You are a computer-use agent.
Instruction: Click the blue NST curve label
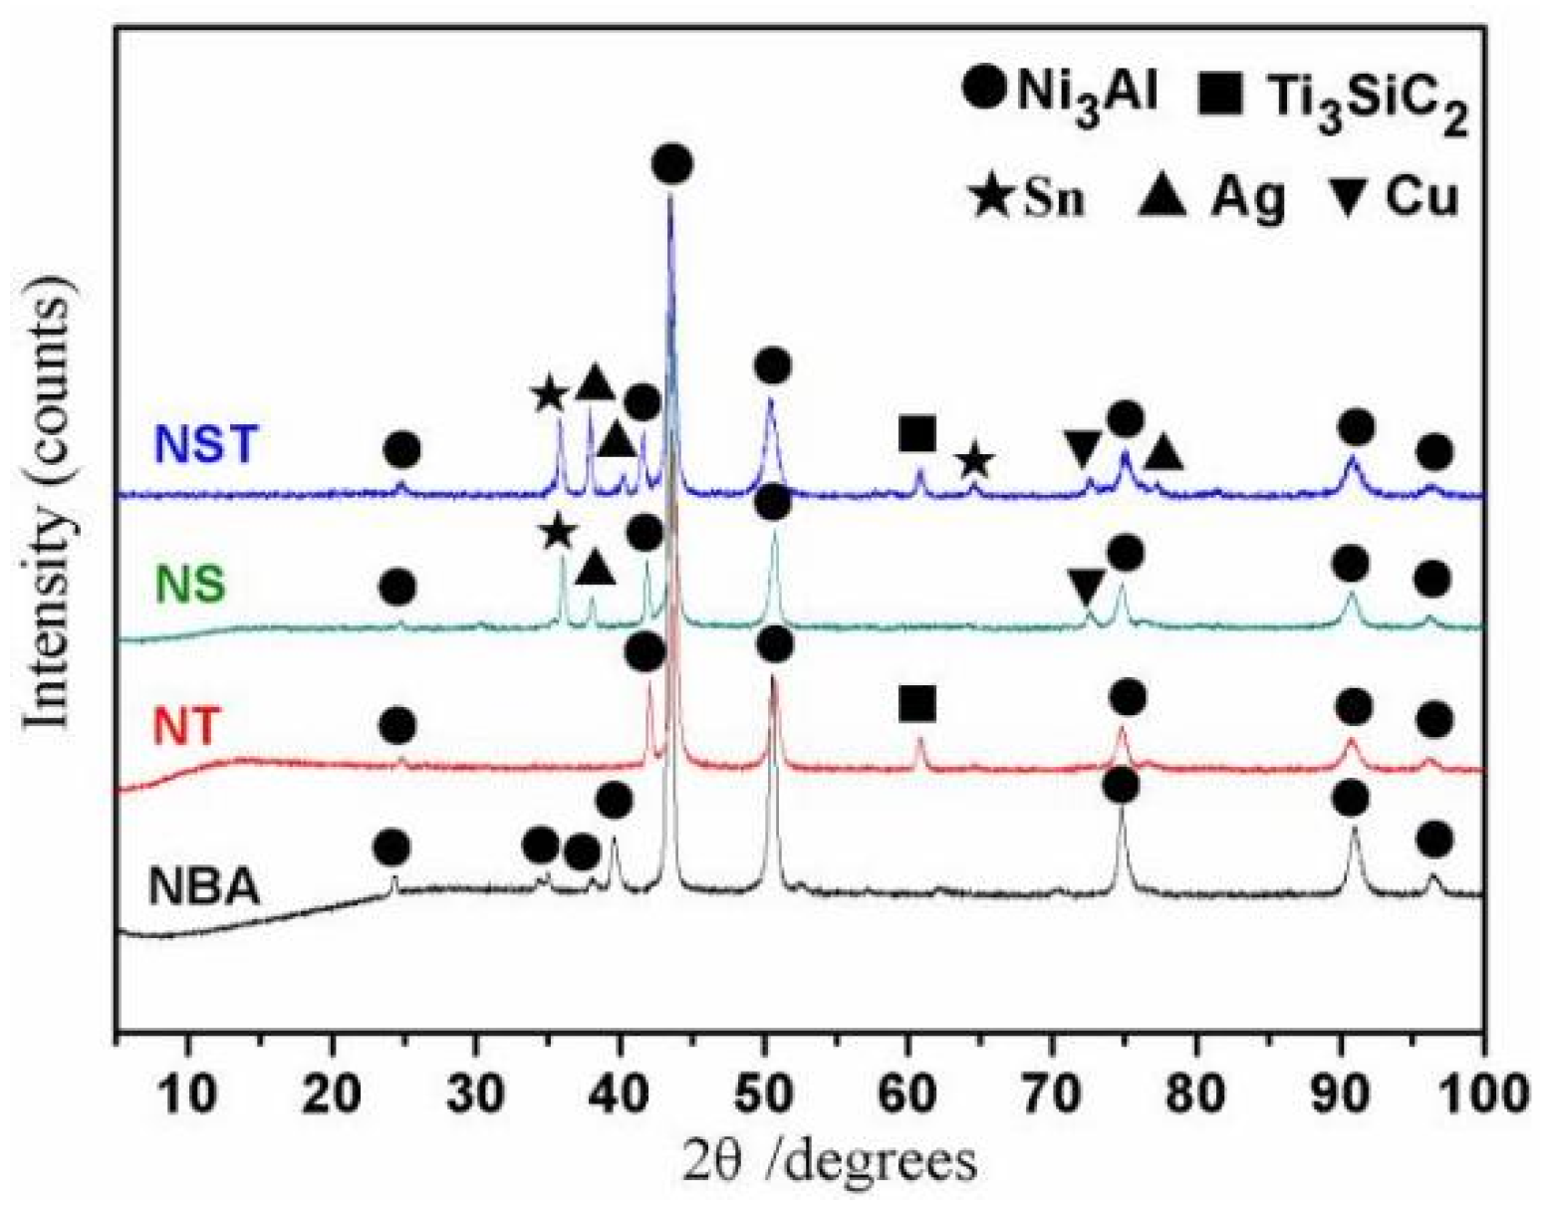206,444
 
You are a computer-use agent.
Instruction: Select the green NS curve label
189,586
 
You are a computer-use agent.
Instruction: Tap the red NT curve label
185,726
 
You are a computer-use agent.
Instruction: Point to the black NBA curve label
204,886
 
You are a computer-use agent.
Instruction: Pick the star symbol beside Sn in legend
991,197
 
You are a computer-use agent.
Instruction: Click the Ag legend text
1247,197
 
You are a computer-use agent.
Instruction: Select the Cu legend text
1420,197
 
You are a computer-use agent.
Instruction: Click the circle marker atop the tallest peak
672,164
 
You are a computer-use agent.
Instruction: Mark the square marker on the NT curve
916,703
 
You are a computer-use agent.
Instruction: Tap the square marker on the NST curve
916,434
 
